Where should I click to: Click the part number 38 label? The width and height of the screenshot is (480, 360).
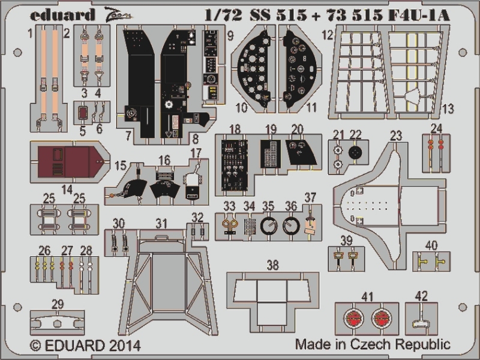coord(273,264)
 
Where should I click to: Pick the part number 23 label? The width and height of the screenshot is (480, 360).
coord(395,136)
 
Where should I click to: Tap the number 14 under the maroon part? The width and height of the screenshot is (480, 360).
coord(65,189)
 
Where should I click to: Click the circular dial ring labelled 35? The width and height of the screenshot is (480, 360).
coord(269,226)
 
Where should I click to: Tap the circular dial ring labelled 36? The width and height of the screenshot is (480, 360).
coord(292,226)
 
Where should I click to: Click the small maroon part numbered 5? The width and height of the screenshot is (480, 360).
coord(83,112)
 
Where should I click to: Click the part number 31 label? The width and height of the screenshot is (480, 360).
coord(160,223)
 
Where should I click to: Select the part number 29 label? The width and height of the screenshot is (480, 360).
coord(57,304)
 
